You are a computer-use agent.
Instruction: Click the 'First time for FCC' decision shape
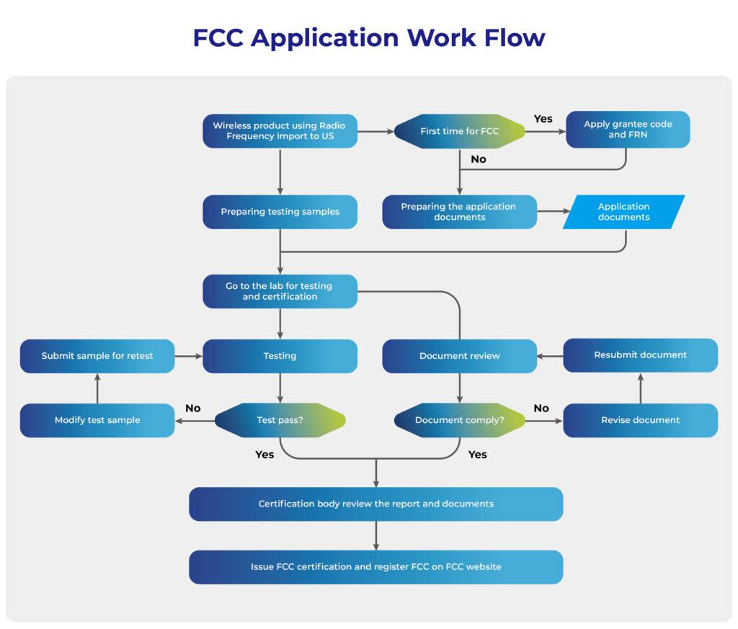(460, 131)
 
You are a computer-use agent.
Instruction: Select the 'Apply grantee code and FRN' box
(627, 130)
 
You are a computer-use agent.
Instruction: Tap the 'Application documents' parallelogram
(623, 212)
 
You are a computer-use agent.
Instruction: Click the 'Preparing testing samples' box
(280, 212)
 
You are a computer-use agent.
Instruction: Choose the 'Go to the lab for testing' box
(280, 291)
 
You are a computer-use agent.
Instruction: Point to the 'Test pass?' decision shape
(280, 420)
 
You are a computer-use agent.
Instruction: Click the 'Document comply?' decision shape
(460, 420)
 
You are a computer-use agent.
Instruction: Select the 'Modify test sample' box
(97, 420)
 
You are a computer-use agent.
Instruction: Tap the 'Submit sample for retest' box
(97, 356)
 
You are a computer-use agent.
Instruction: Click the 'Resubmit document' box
(640, 355)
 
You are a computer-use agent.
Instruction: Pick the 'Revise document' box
(640, 420)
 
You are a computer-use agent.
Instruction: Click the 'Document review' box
(460, 356)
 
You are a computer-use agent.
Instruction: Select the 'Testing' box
(280, 356)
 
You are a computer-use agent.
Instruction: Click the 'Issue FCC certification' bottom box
(375, 567)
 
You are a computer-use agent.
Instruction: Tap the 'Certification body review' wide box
(375, 504)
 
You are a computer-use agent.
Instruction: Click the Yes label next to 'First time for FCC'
(543, 119)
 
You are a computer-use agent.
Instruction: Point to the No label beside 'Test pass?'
(192, 409)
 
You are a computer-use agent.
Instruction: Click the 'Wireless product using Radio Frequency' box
(280, 131)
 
